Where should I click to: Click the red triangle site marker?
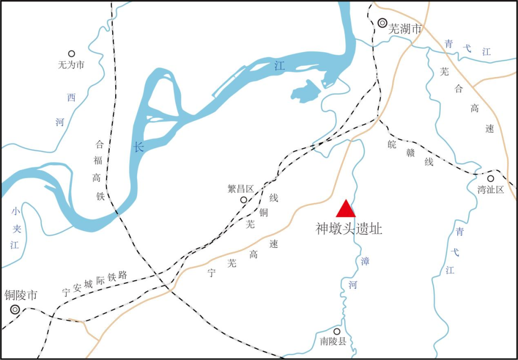[x=346, y=210]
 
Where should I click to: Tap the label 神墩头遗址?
[x=349, y=229]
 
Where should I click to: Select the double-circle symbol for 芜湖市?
[x=382, y=22]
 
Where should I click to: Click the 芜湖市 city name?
[x=405, y=29]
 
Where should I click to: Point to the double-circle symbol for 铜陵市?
[x=15, y=310]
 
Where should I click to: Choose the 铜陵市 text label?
[x=21, y=295]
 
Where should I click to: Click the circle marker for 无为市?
[x=71, y=54]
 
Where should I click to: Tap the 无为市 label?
[x=71, y=64]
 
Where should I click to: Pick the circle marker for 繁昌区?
[x=244, y=200]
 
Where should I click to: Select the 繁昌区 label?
[x=240, y=189]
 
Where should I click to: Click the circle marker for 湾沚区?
[x=491, y=179]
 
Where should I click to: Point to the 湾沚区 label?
[x=491, y=190]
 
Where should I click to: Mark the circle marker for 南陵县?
[x=337, y=331]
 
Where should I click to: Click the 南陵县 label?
[x=333, y=342]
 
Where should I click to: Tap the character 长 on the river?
[x=139, y=147]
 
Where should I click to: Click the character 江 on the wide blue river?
[x=280, y=66]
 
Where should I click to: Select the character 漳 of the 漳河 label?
[x=365, y=262]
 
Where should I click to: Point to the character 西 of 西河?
[x=71, y=98]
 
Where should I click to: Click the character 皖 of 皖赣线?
[x=392, y=144]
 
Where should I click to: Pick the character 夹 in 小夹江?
[x=15, y=228]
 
